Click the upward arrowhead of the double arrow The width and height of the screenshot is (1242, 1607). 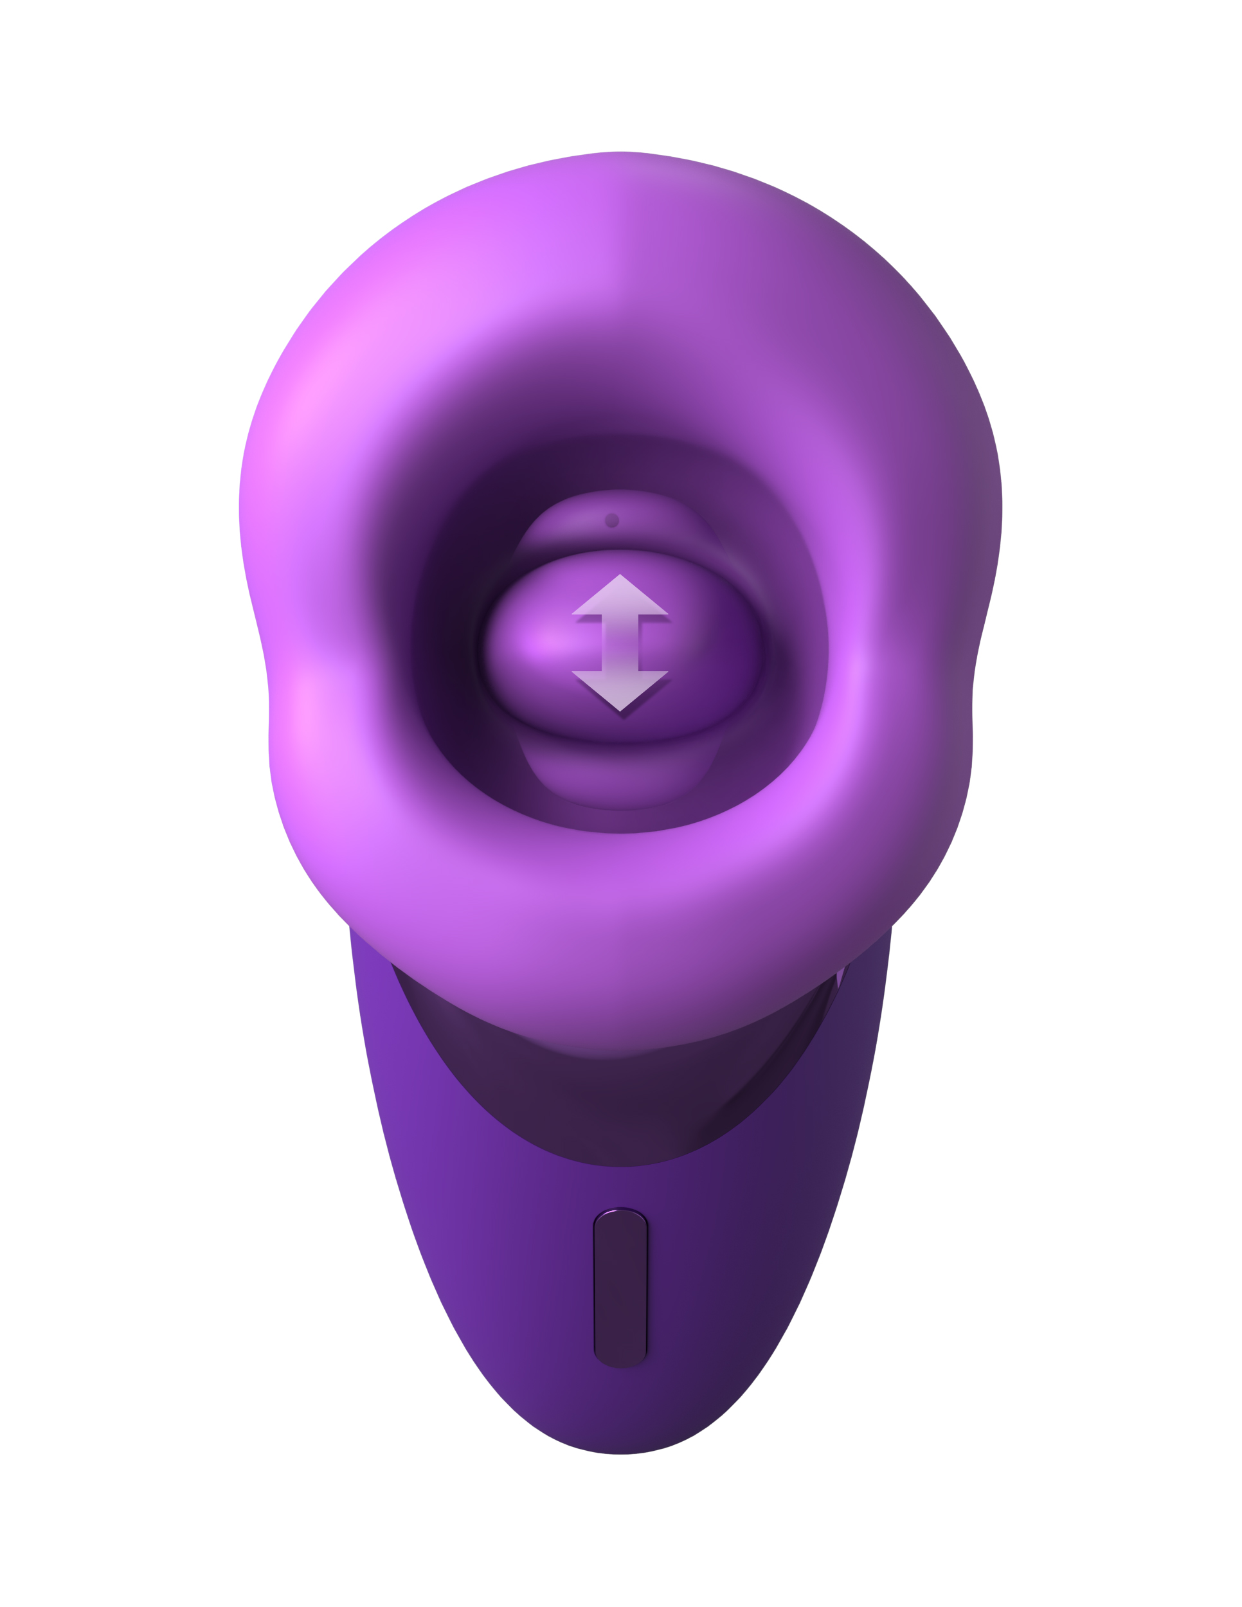pyautogui.click(x=620, y=596)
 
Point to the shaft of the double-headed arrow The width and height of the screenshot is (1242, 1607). pyautogui.click(x=620, y=642)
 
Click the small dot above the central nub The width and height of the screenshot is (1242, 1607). pyautogui.click(x=611, y=520)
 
